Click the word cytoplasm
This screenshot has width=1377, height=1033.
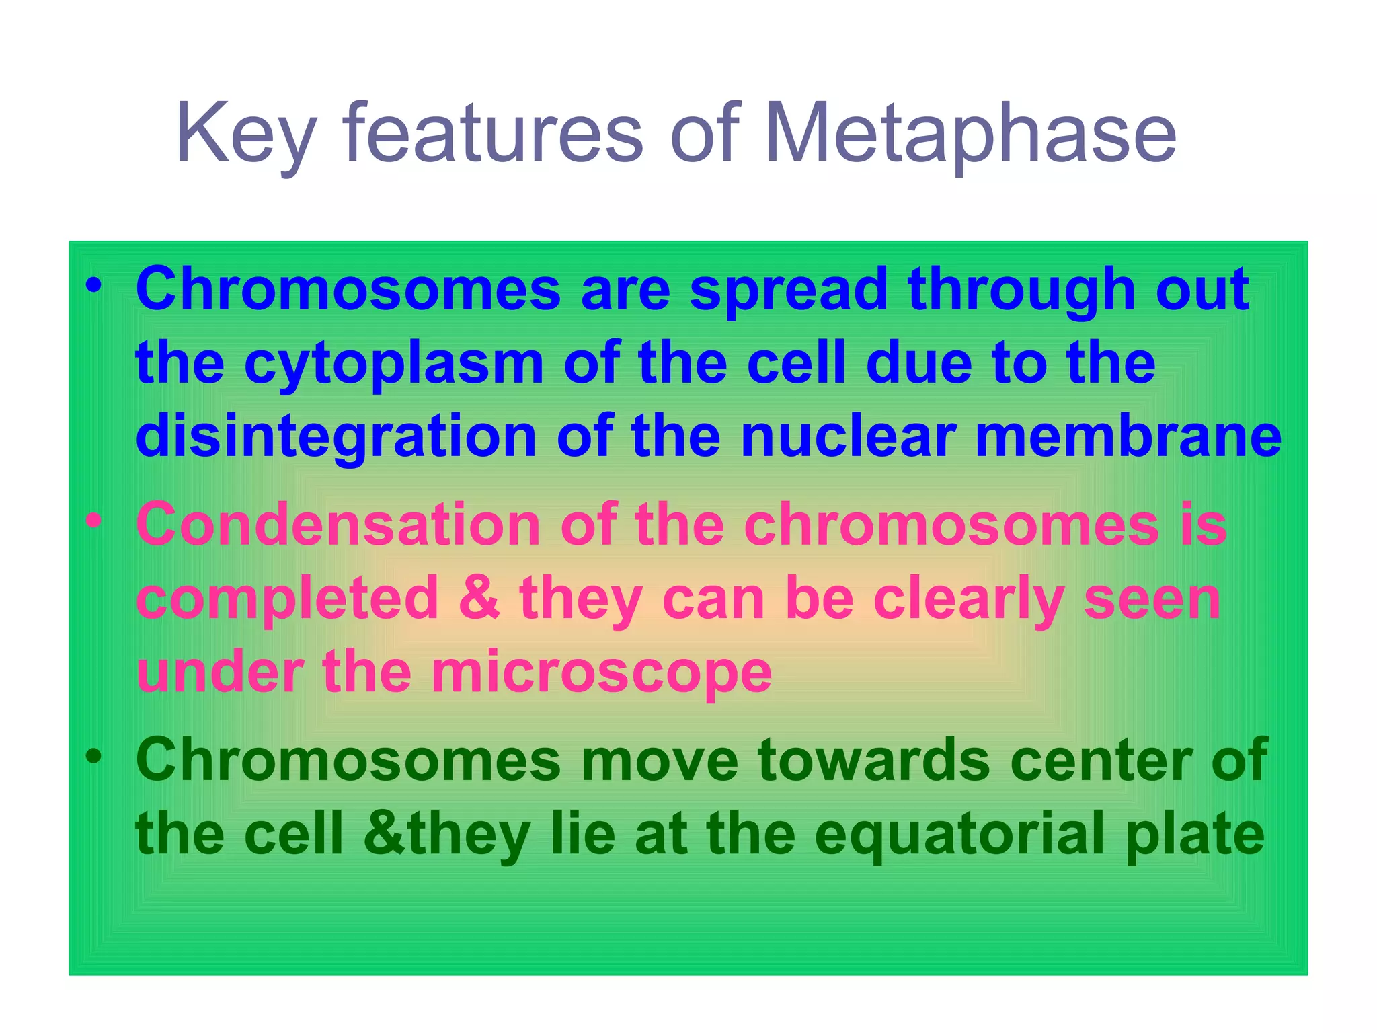click(x=393, y=365)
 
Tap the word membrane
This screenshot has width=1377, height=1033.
click(x=1128, y=437)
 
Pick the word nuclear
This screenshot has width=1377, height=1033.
click(x=847, y=437)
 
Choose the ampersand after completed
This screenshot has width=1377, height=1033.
click(x=479, y=599)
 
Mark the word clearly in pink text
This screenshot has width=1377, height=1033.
click(x=969, y=599)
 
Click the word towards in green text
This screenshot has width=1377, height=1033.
click(x=873, y=760)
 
